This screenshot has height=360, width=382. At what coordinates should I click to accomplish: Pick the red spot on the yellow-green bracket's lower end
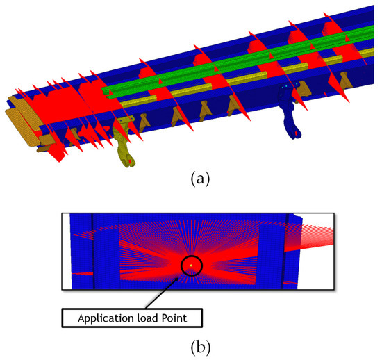(x=128, y=162)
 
